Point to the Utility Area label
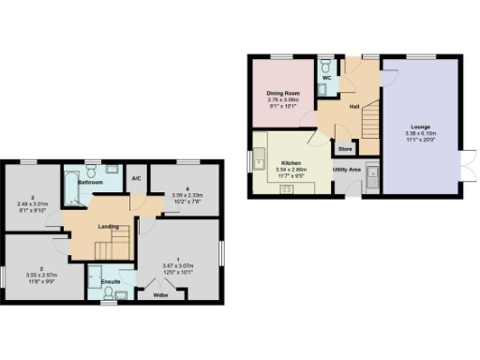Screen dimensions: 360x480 coord(347,170)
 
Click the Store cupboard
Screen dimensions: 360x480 coord(344,148)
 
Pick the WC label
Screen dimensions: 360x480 coord(326,78)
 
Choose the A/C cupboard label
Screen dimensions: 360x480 coord(136,178)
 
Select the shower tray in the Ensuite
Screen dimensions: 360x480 coord(96,279)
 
